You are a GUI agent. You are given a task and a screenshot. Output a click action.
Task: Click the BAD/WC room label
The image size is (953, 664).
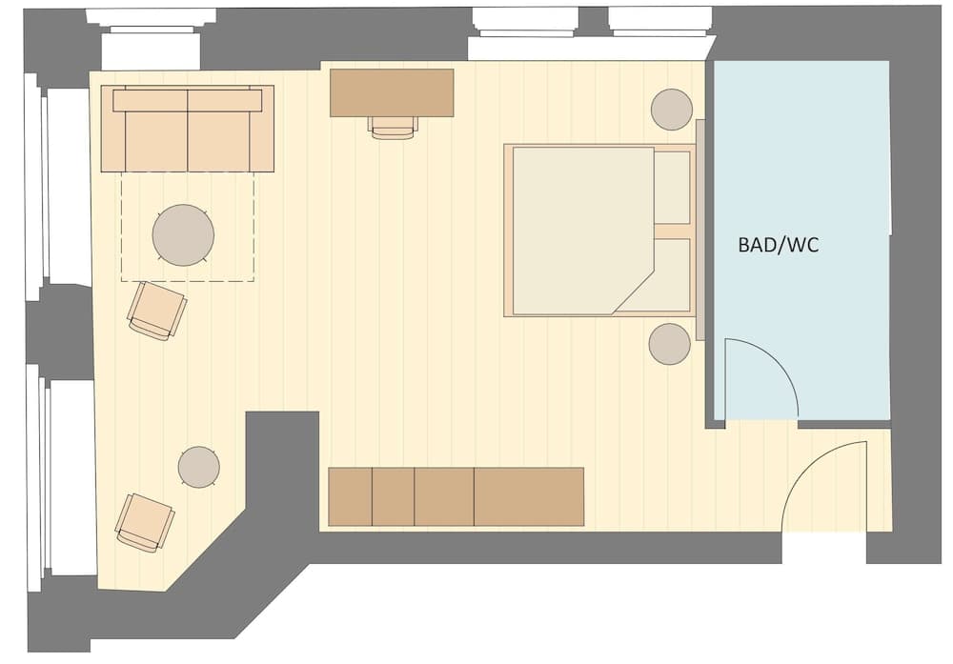pos(778,245)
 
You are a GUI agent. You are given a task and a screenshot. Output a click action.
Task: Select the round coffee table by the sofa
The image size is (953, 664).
pos(183,235)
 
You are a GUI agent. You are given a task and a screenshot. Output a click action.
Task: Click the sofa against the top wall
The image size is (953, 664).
pos(187,130)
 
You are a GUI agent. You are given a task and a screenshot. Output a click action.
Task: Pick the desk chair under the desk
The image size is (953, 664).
pos(394,127)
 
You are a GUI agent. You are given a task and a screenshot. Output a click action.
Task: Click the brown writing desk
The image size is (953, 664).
pos(392,91)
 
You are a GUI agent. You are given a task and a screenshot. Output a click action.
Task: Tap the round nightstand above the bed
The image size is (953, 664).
pos(672,110)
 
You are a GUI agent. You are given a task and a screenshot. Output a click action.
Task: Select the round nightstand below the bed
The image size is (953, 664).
pos(669,344)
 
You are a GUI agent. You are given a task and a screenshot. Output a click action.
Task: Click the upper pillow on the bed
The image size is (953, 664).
pos(672,187)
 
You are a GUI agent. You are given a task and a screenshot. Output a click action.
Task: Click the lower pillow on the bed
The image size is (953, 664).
pos(672,275)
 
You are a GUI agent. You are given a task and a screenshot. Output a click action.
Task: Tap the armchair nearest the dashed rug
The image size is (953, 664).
pos(157,311)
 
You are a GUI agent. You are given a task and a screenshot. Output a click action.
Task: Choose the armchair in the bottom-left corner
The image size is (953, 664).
pos(145,522)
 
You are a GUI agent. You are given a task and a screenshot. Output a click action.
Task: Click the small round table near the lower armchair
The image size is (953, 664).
pos(198,467)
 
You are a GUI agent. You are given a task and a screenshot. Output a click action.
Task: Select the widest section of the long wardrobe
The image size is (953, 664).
pos(529,496)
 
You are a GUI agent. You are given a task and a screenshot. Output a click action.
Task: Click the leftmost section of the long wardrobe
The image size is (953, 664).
pos(350,496)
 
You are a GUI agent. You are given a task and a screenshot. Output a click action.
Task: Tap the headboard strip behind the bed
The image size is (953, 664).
pos(700,230)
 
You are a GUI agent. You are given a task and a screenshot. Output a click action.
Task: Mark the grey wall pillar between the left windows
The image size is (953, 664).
pos(59,330)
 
